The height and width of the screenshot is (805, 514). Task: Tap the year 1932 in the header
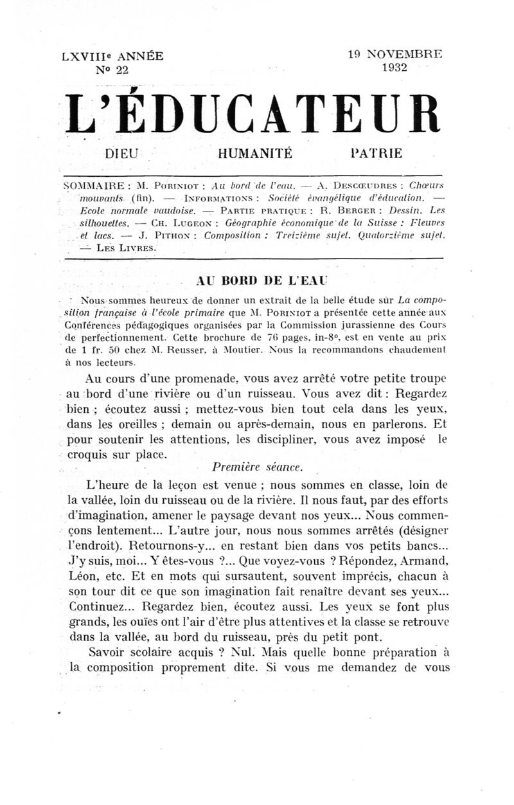click(x=397, y=68)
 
